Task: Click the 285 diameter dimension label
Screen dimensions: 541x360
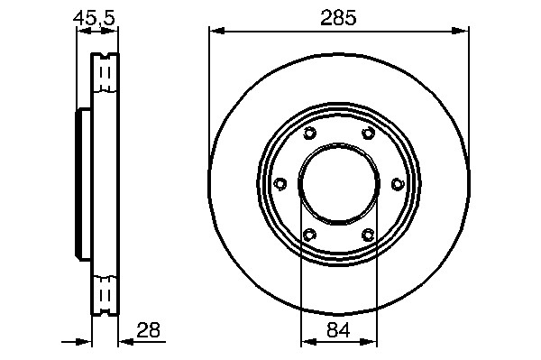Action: [338, 18]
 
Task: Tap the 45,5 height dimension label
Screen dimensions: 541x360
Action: [94, 18]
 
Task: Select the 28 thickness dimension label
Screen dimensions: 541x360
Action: [149, 330]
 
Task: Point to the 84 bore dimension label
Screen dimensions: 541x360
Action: [338, 329]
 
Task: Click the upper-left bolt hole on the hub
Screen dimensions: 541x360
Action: [309, 133]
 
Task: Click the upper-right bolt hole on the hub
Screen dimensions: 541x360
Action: [369, 133]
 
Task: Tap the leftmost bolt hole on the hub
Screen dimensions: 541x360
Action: [280, 184]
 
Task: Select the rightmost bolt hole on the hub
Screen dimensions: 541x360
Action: [398, 184]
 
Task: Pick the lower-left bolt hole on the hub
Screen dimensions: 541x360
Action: [309, 235]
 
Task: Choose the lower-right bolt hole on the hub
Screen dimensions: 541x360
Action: [368, 235]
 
